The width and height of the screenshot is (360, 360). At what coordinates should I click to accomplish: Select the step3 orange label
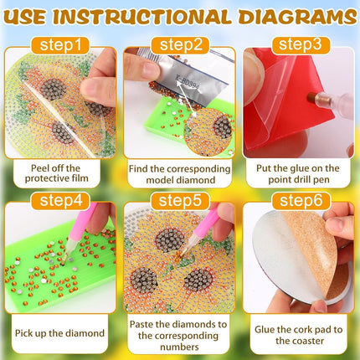click(x=301, y=44)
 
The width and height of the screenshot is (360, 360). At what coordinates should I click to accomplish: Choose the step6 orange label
click(x=301, y=201)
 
